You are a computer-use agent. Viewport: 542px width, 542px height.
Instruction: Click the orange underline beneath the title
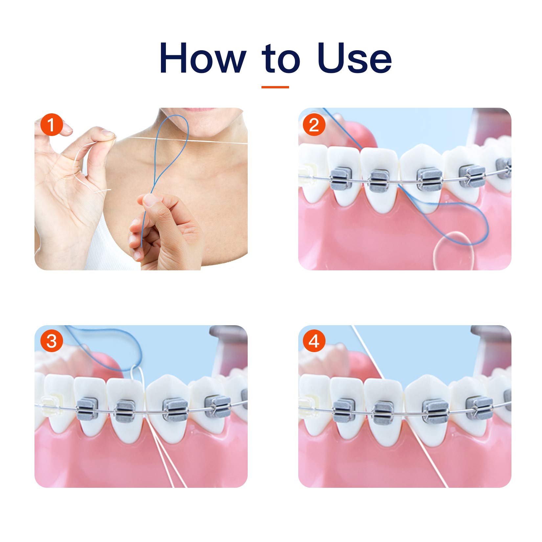(x=275, y=87)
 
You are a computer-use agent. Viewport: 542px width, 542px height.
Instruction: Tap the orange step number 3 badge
(x=51, y=341)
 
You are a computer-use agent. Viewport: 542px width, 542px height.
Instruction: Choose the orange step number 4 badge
(x=314, y=341)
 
